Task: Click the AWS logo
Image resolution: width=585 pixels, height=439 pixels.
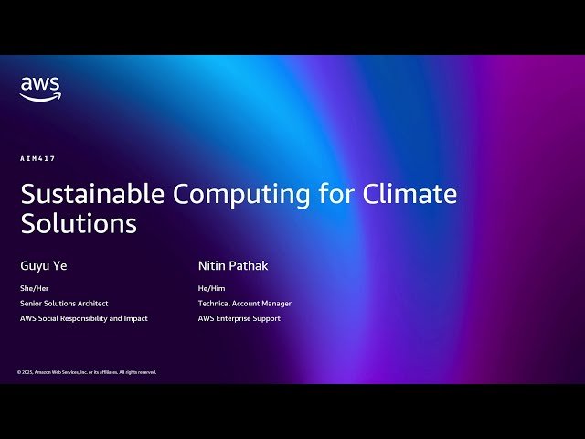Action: (40, 88)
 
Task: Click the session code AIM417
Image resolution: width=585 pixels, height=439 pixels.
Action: (37, 158)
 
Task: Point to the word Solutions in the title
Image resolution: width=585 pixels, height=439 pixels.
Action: (79, 223)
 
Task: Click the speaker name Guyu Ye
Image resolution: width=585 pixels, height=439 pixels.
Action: (44, 266)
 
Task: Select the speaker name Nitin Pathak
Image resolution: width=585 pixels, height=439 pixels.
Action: (233, 266)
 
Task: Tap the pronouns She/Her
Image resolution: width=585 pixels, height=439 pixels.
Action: (34, 288)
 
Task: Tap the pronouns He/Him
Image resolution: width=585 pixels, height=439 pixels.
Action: (211, 288)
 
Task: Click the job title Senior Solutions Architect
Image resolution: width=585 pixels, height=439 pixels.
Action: (64, 303)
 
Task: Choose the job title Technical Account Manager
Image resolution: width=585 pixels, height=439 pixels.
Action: (245, 303)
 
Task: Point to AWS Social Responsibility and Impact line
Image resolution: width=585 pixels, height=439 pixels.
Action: (84, 318)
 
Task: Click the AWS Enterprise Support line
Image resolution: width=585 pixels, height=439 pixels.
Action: (239, 318)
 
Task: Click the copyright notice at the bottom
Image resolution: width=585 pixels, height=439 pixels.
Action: (87, 372)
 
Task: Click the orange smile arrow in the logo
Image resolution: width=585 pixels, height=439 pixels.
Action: (41, 97)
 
